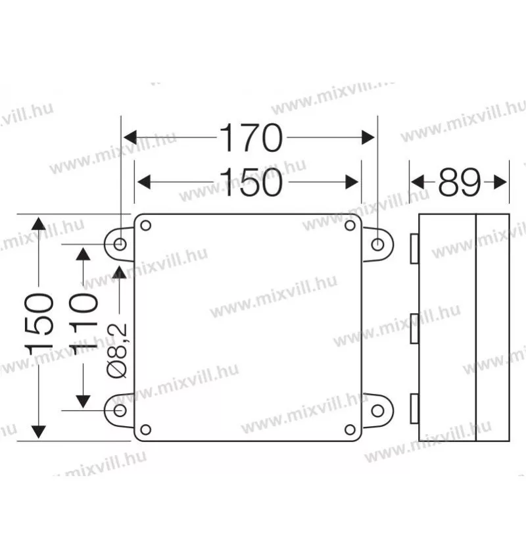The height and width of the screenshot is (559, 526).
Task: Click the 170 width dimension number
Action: click(251, 137)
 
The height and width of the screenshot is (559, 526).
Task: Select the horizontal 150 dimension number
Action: click(251, 183)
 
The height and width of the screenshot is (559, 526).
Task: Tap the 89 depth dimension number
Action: click(460, 182)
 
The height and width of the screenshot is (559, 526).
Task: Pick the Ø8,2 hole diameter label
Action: click(117, 351)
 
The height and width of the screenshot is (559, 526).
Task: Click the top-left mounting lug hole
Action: click(120, 245)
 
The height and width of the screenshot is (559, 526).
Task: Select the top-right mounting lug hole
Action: click(377, 245)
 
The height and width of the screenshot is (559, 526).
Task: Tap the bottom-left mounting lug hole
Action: click(120, 410)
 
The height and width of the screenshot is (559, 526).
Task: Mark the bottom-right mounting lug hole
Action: click(377, 410)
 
